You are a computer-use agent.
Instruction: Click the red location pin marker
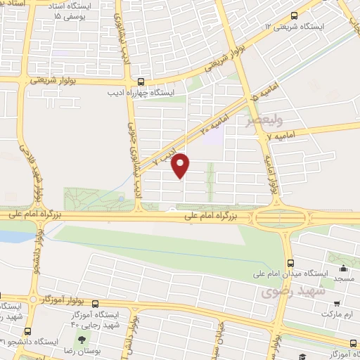pyautogui.click(x=181, y=166)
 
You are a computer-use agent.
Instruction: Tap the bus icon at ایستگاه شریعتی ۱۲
pyautogui.click(x=294, y=13)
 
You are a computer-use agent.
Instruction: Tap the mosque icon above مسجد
pyautogui.click(x=343, y=268)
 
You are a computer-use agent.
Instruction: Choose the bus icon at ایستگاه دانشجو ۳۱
pyautogui.click(x=27, y=331)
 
